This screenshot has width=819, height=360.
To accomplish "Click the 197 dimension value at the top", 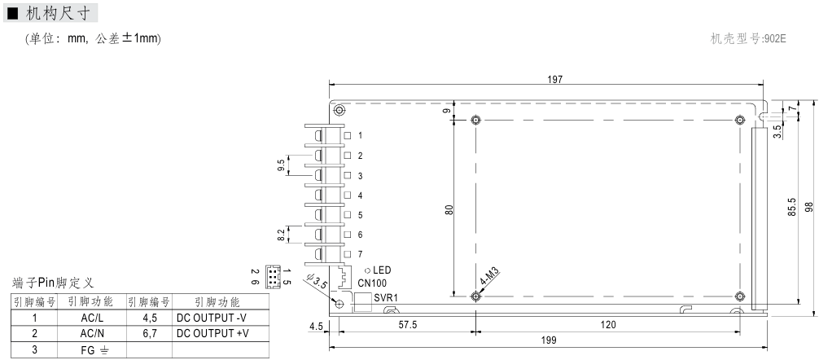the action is coord(554,80).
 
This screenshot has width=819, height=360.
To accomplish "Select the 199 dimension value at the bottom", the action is coord(549,340).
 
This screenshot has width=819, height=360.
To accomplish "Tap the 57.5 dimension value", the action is coord(407,325).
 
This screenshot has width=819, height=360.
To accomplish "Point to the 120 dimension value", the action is coord(608,325).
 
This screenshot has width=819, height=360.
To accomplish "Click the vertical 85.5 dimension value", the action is coord(792,206).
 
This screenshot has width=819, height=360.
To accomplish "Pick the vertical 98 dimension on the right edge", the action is coord(809,206).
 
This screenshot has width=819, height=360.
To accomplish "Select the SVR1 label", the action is coord(386,298).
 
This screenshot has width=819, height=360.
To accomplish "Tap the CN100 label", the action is coord(372,283).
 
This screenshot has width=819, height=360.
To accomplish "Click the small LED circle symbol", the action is coord(368,270).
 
